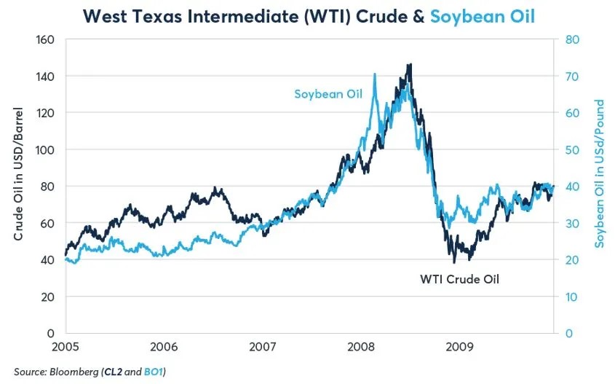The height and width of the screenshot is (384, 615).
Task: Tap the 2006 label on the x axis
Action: pyautogui.click(x=164, y=345)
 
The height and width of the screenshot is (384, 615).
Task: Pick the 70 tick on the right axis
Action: pyautogui.click(x=572, y=76)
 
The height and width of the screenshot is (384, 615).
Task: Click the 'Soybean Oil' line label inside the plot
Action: pyautogui.click(x=328, y=94)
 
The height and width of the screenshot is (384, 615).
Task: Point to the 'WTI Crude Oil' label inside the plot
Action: pyautogui.click(x=459, y=278)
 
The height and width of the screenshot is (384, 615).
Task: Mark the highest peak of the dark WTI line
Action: pyautogui.click(x=410, y=65)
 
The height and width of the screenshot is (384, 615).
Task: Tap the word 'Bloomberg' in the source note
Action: pyautogui.click(x=73, y=372)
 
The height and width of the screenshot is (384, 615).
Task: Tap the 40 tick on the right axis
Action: pyautogui.click(x=572, y=187)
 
